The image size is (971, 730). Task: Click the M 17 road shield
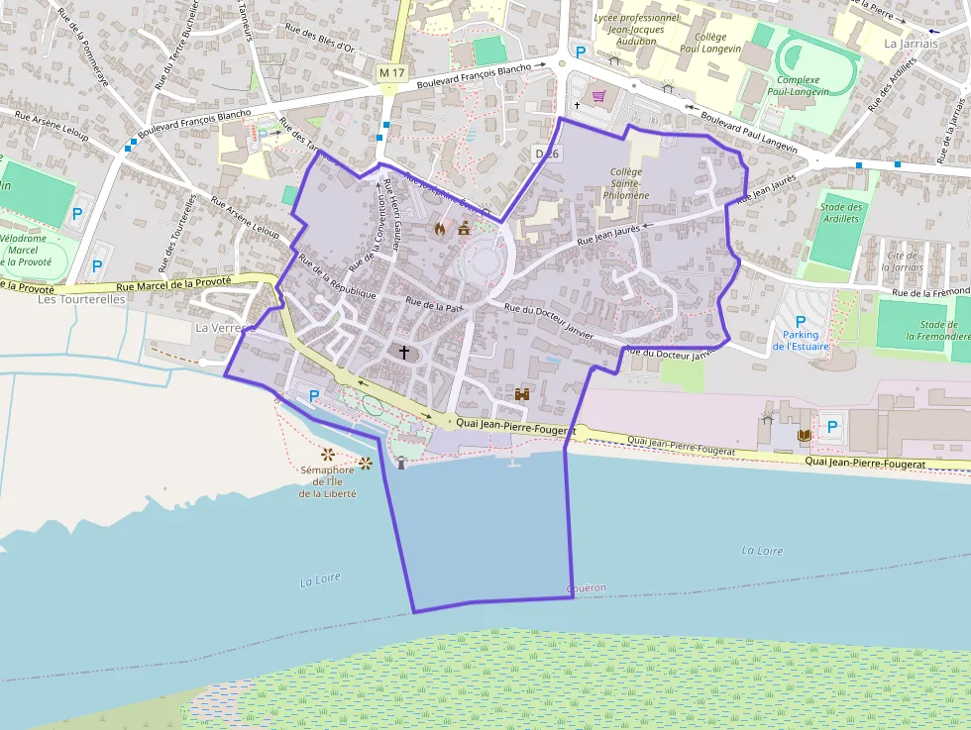(392, 72)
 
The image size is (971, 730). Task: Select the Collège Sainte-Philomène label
(626, 183)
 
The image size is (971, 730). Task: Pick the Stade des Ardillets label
(842, 212)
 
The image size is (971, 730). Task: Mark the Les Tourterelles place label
(81, 299)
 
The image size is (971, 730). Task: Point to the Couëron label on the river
(586, 588)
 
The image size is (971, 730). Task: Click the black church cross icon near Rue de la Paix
(404, 352)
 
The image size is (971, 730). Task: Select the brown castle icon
(521, 393)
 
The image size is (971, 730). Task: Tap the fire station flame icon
(440, 228)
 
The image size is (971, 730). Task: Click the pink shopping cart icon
(598, 96)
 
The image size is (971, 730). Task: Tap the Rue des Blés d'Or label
(318, 38)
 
